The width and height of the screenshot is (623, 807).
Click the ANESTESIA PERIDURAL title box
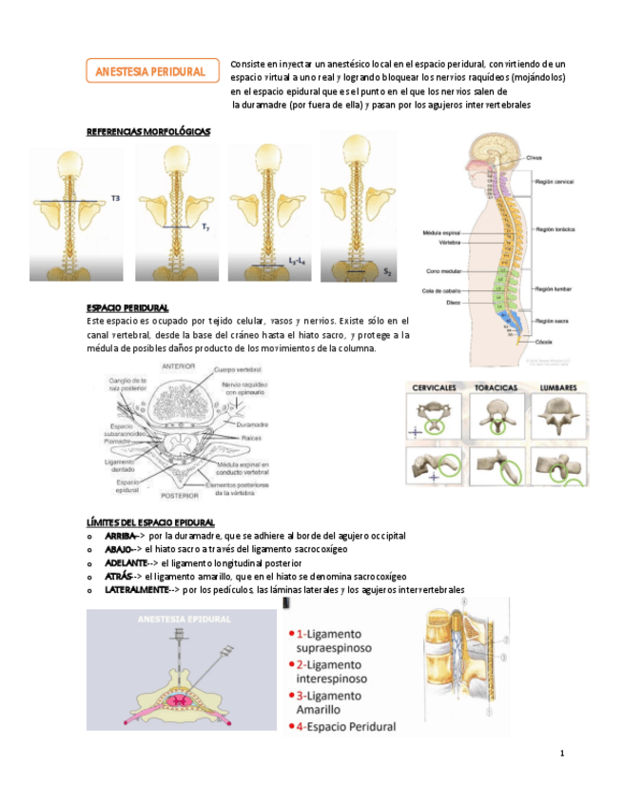coord(151,71)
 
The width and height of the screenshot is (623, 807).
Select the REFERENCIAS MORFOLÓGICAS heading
coord(147,131)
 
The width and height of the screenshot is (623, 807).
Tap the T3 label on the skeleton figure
coord(116,198)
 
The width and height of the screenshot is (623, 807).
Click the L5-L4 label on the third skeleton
coord(297,259)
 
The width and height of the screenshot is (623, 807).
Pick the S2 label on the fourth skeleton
coord(387,273)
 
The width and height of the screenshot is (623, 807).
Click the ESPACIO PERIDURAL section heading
coord(127,308)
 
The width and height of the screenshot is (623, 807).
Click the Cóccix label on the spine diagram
coord(545,341)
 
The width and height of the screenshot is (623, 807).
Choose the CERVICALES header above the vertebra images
coord(437,388)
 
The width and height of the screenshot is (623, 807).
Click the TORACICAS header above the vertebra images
coord(497,388)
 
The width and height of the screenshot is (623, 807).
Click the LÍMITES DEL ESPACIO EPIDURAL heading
coord(149,522)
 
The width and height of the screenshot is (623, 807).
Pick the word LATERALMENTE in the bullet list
coord(136,590)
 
